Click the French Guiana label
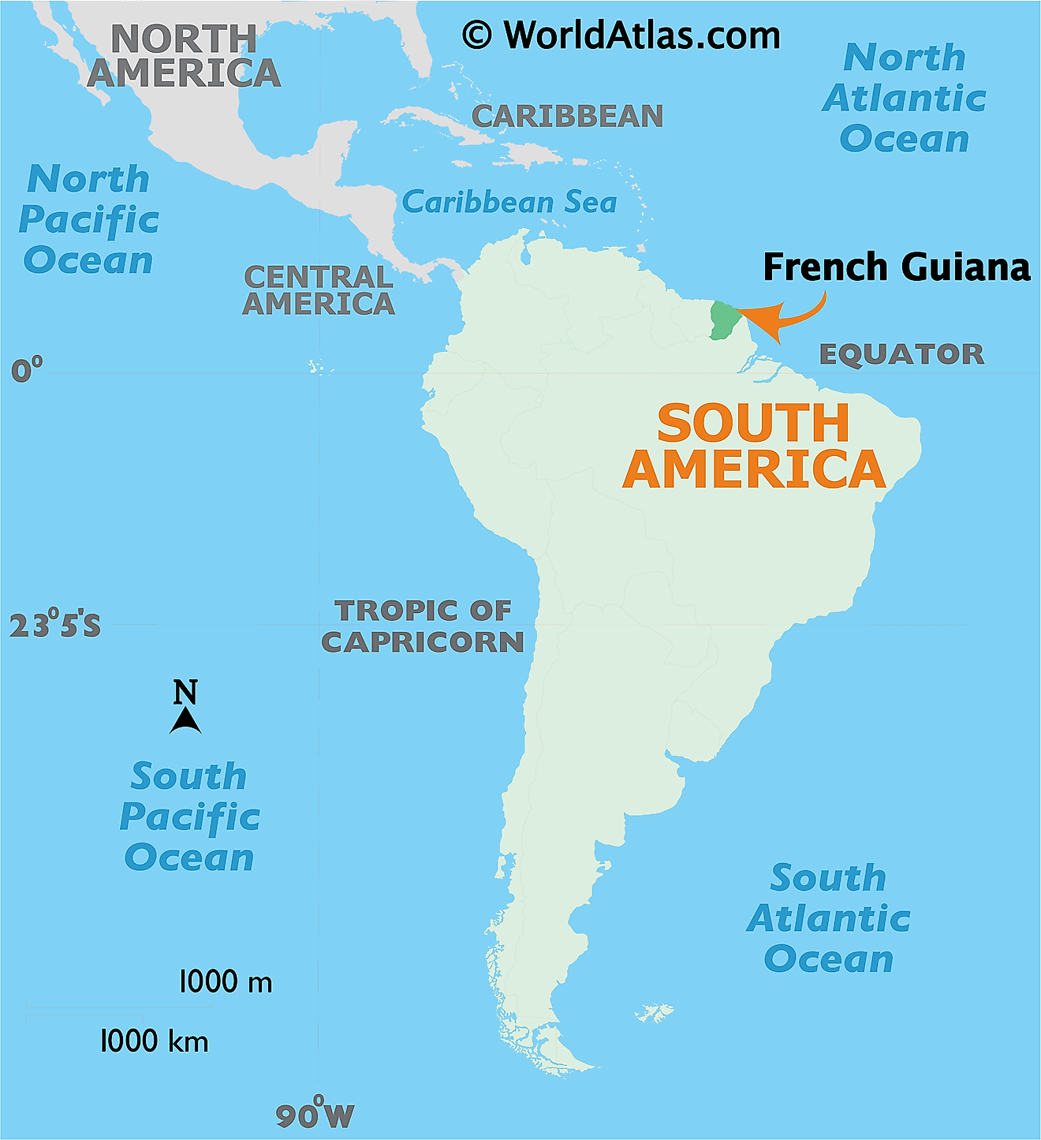(896, 267)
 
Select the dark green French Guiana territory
(722, 320)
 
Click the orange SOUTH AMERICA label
(754, 447)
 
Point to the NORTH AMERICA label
(184, 56)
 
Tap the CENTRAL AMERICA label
(319, 290)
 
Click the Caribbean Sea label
(509, 203)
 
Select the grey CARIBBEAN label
(567, 116)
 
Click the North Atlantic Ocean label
(905, 99)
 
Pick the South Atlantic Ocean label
(828, 918)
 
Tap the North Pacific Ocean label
(88, 219)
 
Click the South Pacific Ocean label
(189, 817)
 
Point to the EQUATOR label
(901, 354)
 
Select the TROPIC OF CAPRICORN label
(423, 626)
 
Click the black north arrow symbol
(185, 720)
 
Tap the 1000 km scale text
(155, 1041)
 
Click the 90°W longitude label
(315, 1115)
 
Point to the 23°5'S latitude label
(54, 625)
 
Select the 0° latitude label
(27, 369)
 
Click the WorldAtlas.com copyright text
(621, 36)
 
